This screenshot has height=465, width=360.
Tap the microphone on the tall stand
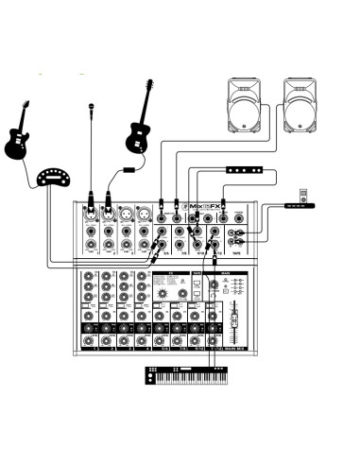92,108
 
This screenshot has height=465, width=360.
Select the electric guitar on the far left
18,138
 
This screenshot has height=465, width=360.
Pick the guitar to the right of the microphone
141,122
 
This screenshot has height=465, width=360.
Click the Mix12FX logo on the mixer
205,207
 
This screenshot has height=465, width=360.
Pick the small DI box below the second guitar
128,171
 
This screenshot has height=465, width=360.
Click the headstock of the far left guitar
26,105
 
